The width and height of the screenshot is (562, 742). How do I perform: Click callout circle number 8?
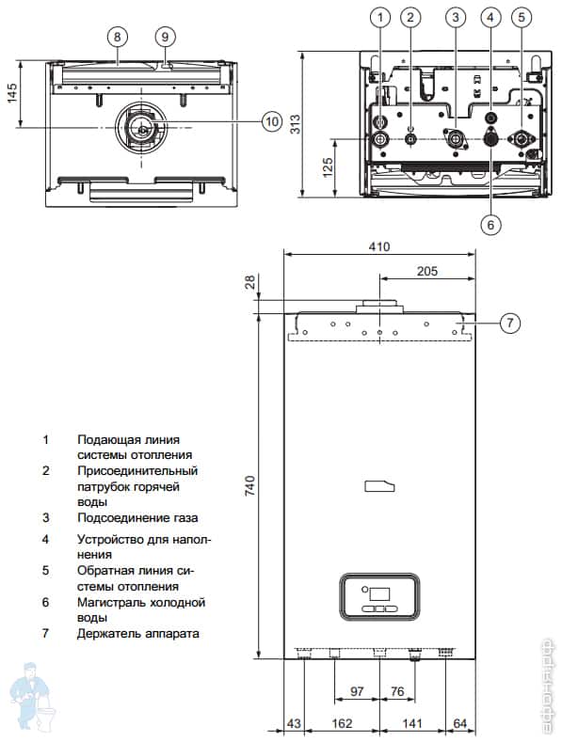tap(118, 37)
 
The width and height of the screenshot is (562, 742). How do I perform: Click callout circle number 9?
tap(165, 37)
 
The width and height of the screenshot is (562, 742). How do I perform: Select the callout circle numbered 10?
tap(271, 121)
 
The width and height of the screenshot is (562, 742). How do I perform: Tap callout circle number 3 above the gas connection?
tap(456, 18)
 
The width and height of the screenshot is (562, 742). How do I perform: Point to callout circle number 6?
tap(490, 225)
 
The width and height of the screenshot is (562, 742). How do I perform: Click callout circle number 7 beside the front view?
tap(510, 323)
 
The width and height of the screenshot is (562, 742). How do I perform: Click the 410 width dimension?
tap(379, 246)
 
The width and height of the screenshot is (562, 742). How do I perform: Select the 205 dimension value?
tap(427, 271)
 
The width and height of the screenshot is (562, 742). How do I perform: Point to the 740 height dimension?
tap(249, 485)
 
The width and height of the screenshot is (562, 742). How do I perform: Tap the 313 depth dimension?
tap(296, 124)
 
